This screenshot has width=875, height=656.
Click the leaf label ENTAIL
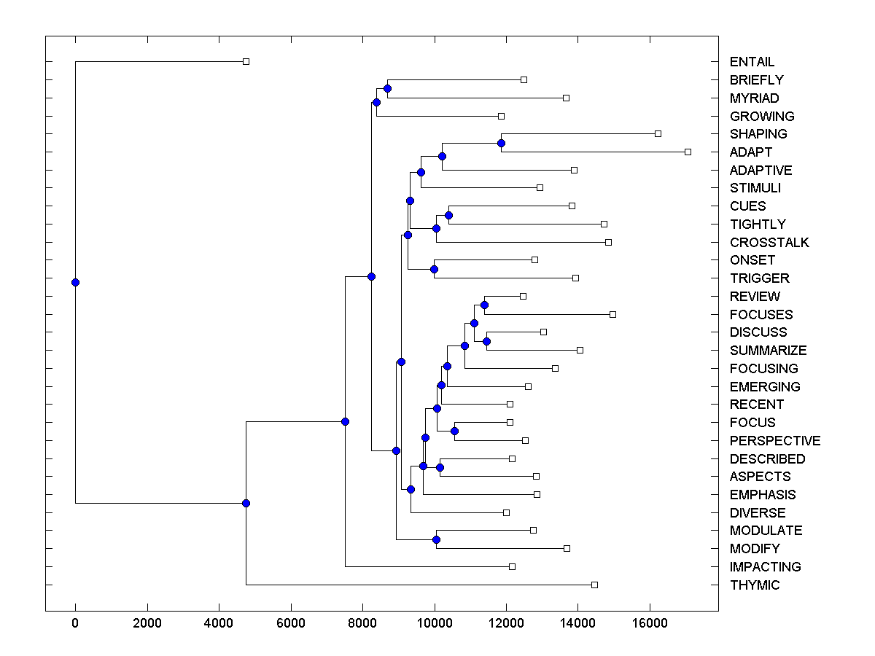pos(752,62)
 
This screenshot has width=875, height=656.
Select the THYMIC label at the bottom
pos(754,585)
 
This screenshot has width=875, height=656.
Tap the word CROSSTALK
pos(769,243)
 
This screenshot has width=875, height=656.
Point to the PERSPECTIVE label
pos(774,441)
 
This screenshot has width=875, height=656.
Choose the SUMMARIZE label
pos(768,351)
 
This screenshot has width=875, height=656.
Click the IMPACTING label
pos(765,567)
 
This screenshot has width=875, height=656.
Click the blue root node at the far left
pos(75,282)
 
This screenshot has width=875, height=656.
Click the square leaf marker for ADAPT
pos(688,152)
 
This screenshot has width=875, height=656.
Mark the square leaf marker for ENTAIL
pos(246,61)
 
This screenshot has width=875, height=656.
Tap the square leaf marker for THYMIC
pos(594,585)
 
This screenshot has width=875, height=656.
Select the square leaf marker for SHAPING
pos(658,133)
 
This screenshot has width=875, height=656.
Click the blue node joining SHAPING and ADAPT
pos(501,143)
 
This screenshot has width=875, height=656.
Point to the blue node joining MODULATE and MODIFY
pos(436,539)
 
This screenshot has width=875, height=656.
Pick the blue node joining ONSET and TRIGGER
pos(434,269)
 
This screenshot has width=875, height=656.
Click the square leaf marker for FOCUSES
pos(612,314)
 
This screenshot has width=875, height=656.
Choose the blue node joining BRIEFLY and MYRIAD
pos(387,88)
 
